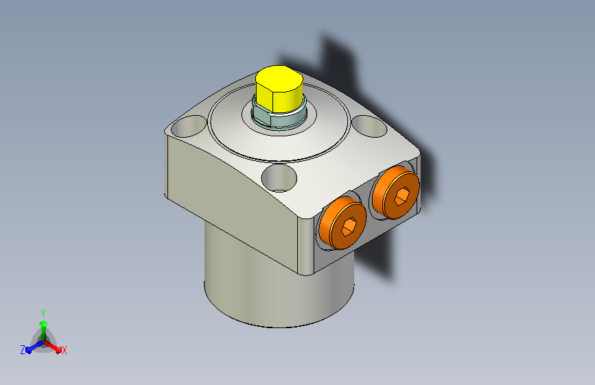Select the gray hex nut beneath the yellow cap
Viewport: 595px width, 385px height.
click(x=279, y=116)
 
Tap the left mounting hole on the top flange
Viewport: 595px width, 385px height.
click(x=189, y=126)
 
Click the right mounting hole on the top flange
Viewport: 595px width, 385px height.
click(x=369, y=126)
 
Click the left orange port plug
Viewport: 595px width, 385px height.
click(x=342, y=223)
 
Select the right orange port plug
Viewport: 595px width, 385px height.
click(x=396, y=192)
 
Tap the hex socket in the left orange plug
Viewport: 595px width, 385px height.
click(x=349, y=226)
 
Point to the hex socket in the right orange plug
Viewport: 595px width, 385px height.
click(x=401, y=196)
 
